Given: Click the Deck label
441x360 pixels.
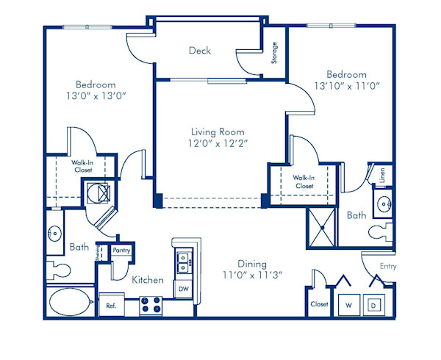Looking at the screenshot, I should click(x=199, y=51).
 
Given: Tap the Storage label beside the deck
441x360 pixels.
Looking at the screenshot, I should click(x=274, y=53).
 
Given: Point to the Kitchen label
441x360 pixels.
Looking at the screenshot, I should click(x=147, y=280).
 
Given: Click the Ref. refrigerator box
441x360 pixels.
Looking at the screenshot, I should click(x=112, y=305).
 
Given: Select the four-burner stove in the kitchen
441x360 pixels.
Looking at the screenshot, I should click(x=151, y=304).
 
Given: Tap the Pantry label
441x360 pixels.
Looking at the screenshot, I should click(x=122, y=251).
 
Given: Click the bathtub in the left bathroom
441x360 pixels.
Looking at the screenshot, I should click(x=71, y=302).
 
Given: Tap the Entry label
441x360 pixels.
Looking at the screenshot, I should click(x=387, y=267).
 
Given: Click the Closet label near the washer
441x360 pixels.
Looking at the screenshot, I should click(x=318, y=303).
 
